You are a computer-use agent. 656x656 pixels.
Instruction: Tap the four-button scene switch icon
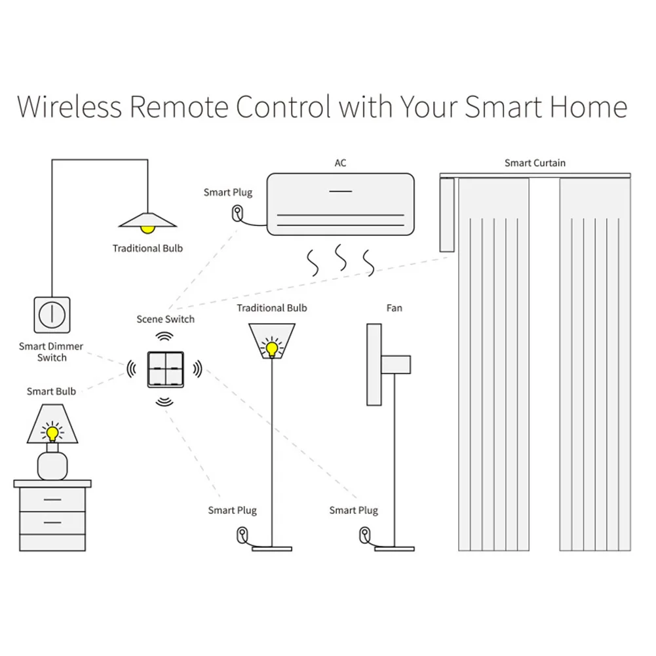[164, 369]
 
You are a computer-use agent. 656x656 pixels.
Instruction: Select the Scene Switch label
[165, 319]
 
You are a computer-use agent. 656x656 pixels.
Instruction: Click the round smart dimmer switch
[51, 315]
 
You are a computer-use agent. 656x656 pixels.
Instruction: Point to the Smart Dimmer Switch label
[51, 352]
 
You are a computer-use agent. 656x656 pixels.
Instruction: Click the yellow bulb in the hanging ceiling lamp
[148, 228]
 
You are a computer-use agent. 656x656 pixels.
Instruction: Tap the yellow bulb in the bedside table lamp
[52, 433]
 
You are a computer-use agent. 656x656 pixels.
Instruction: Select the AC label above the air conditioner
[340, 163]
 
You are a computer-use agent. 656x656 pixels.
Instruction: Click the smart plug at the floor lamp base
[242, 533]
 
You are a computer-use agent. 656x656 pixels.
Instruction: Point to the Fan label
[394, 308]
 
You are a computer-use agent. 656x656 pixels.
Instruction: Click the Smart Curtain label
[535, 163]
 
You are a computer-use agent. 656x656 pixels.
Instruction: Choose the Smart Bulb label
[51, 391]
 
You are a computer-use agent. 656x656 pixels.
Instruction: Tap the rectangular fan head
[374, 364]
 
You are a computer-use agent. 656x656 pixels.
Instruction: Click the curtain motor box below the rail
[448, 215]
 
